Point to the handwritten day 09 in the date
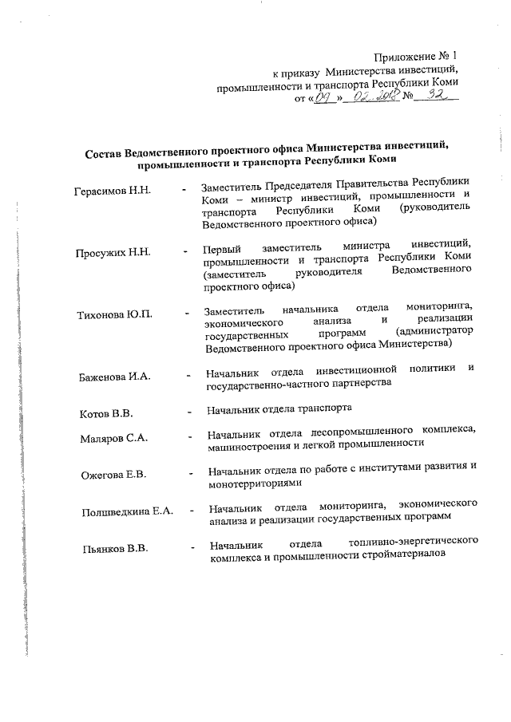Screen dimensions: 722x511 [x=322, y=100]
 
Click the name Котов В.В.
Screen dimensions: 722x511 [x=106, y=414]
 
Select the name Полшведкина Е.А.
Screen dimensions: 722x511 [x=128, y=511]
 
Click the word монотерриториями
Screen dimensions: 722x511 [x=254, y=483]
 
